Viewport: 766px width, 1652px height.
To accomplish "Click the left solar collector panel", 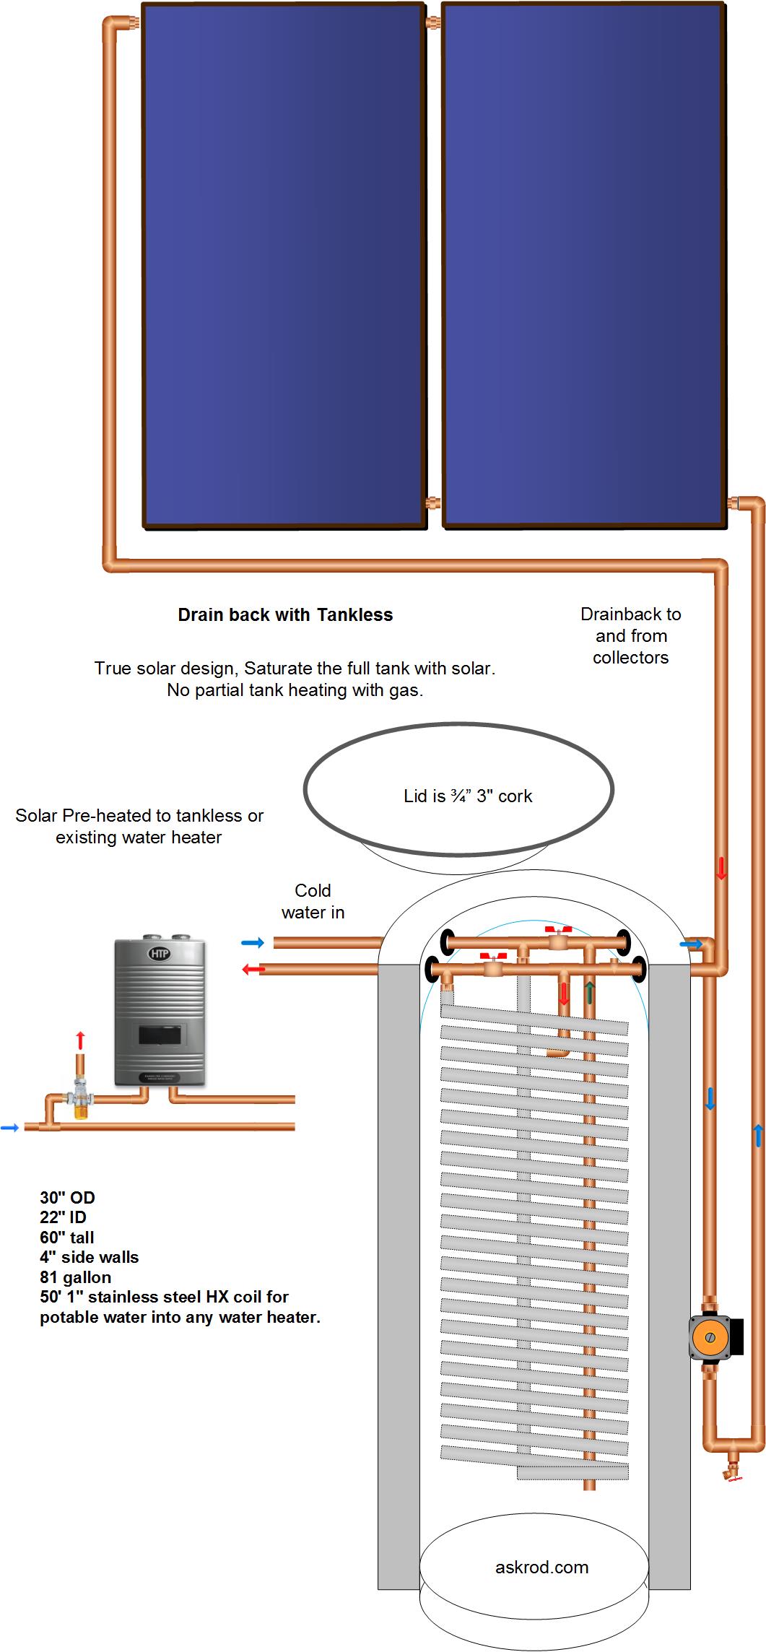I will click(x=283, y=266).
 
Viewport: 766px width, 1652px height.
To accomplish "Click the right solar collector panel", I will click(x=583, y=266).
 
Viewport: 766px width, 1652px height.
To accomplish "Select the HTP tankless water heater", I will click(x=160, y=1012).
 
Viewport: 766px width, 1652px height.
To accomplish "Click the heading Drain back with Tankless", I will click(x=285, y=615).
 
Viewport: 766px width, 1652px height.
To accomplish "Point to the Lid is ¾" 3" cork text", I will click(x=467, y=796).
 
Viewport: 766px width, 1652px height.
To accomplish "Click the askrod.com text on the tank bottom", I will click(x=541, y=1568).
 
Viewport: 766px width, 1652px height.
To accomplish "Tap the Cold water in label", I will click(x=313, y=901).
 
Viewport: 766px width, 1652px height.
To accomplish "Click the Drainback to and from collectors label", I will click(x=630, y=635).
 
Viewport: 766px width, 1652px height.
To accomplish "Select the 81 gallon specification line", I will click(x=76, y=1277).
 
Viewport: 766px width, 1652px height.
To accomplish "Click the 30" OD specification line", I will click(x=67, y=1198).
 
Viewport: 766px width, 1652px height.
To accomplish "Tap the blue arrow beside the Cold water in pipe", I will click(x=252, y=943).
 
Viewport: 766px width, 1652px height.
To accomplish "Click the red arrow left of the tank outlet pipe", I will click(x=253, y=970).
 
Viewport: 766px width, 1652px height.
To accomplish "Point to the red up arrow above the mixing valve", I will click(x=80, y=1040).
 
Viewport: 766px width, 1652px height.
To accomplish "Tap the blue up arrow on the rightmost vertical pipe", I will click(x=758, y=1135).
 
